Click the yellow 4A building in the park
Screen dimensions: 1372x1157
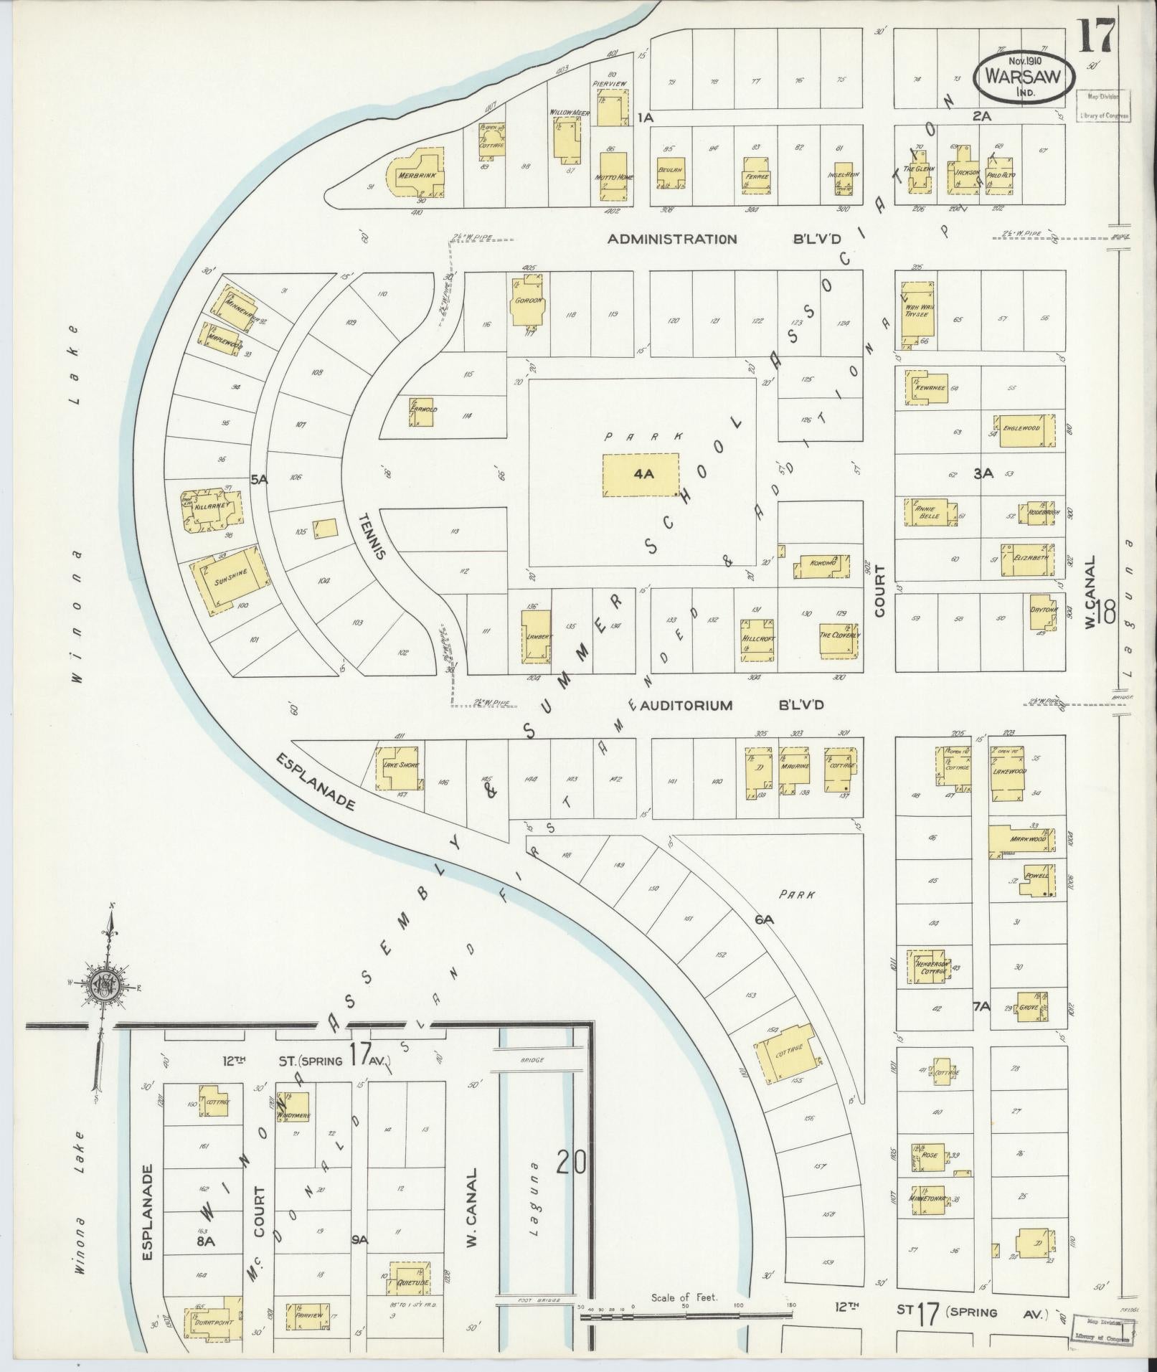tap(641, 474)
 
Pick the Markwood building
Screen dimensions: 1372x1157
tap(1021, 841)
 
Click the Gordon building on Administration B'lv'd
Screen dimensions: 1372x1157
tap(529, 301)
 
